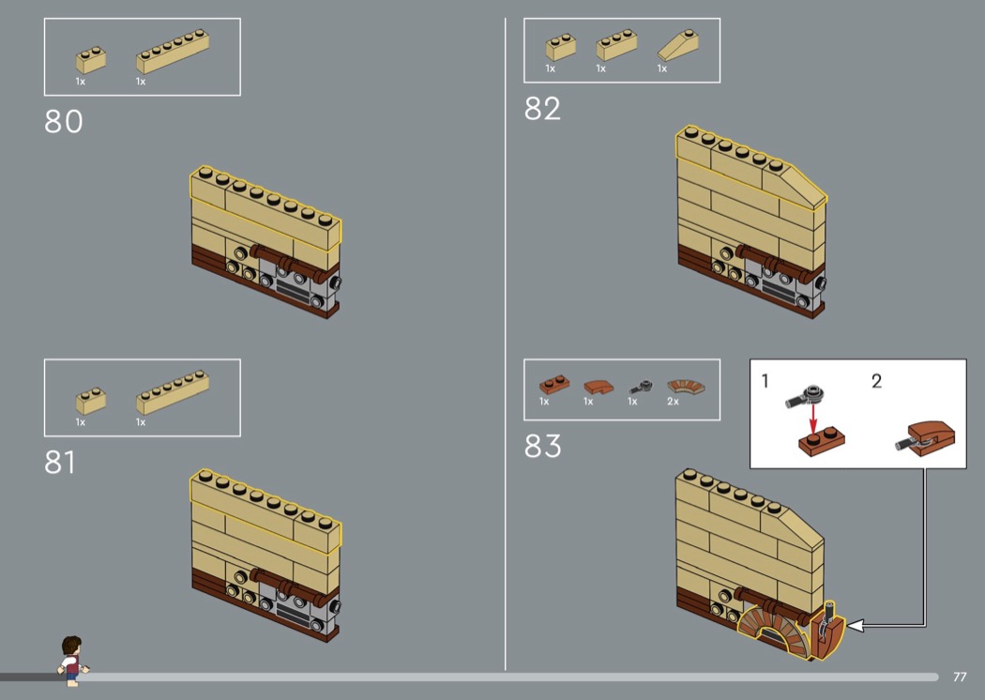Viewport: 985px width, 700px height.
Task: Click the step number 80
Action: (64, 121)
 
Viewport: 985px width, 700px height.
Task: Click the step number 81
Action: (60, 463)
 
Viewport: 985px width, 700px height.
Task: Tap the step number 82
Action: (542, 109)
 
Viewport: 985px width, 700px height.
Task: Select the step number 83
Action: (543, 446)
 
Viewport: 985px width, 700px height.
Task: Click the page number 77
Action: (960, 677)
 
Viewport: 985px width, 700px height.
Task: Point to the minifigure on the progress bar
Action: (72, 661)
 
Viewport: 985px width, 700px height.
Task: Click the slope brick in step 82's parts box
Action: (678, 45)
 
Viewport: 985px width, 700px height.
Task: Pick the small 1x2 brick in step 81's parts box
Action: (91, 401)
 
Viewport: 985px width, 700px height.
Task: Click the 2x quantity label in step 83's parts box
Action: (673, 402)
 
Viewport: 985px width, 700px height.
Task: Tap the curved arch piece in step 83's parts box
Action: (686, 386)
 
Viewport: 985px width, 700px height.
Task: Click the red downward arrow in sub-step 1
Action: (813, 418)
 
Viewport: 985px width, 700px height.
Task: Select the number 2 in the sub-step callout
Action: (877, 381)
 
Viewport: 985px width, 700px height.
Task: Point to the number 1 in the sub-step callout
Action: (765, 381)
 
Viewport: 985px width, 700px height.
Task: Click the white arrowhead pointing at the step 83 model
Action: (855, 625)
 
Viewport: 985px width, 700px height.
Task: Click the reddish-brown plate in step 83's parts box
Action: (554, 383)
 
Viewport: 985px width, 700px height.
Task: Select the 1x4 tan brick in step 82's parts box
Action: (616, 44)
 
